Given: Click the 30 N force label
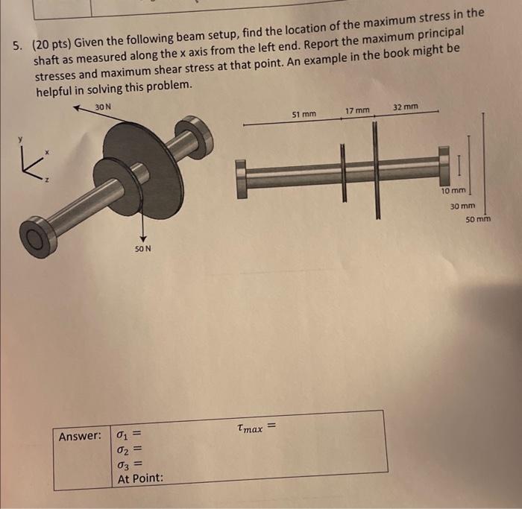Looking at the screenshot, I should pos(104,107).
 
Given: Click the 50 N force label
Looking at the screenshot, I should pos(143,248).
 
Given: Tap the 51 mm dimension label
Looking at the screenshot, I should pos(304,115).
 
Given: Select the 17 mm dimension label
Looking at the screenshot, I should pos(357,110).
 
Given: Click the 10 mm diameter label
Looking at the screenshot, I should pos(453,192).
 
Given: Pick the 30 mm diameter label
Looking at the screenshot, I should pos(462,206).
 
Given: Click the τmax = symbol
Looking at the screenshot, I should pos(255,427).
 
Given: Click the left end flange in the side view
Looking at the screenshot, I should pos(241,179).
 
